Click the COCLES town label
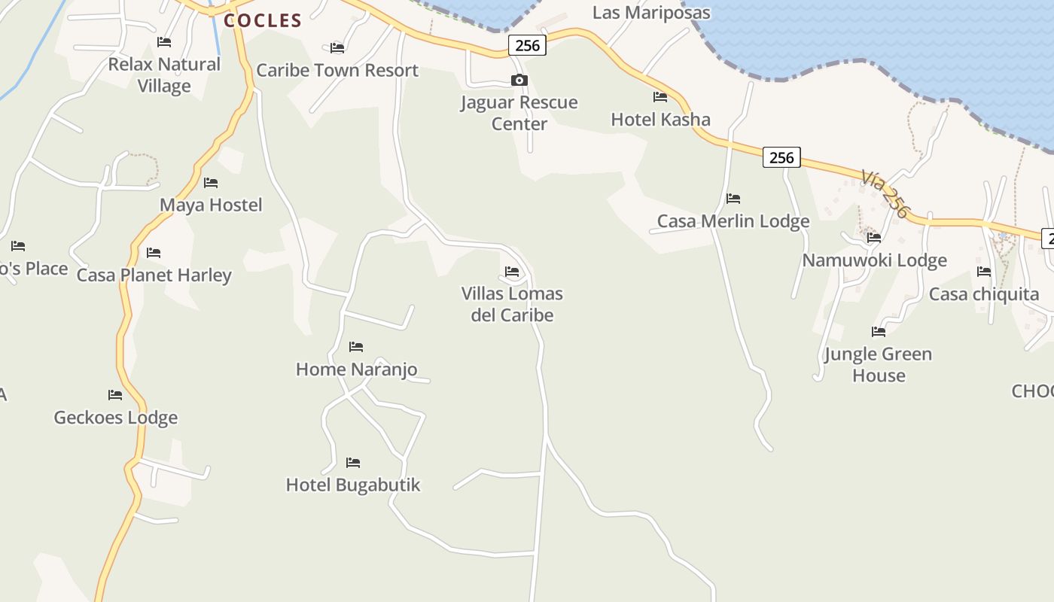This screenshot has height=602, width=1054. (263, 21)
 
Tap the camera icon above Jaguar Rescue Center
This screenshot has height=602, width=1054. (519, 81)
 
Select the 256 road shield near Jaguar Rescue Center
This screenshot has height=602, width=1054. (527, 45)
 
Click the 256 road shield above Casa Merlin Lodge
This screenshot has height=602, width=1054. (781, 157)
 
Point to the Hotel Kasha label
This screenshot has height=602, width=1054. (660, 119)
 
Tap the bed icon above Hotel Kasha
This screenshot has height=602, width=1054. (660, 96)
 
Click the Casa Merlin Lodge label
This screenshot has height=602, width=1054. (733, 221)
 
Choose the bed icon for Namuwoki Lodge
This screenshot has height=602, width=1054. (874, 238)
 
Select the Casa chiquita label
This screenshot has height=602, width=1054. (984, 294)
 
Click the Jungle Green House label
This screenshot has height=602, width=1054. (878, 364)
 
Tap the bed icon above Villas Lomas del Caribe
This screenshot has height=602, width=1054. (512, 271)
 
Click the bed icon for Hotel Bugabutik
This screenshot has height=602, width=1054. (353, 462)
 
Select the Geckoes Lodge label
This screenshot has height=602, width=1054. (115, 418)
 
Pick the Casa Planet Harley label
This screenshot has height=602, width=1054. (154, 275)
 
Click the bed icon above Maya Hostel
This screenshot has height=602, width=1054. (211, 183)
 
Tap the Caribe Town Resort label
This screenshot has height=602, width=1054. (337, 71)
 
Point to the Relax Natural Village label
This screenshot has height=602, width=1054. (164, 75)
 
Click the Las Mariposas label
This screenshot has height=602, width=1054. (651, 13)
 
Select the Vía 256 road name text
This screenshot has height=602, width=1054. (886, 193)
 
